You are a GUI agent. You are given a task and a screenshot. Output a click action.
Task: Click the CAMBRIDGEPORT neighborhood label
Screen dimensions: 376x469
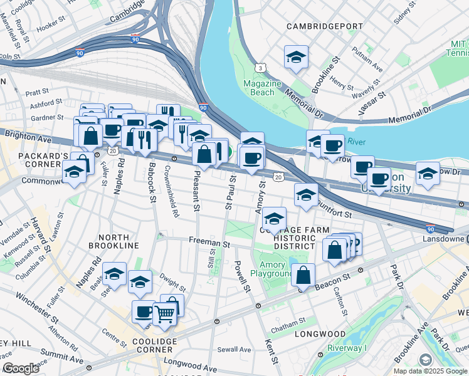point(324,27)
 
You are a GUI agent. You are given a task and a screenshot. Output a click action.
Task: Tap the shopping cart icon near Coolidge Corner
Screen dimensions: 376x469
point(164,313)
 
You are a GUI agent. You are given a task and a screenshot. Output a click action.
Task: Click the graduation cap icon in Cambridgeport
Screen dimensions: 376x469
point(296,58)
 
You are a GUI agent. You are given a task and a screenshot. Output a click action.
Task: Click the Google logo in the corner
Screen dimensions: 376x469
point(21,368)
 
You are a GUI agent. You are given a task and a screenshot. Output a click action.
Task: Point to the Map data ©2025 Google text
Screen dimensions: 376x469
point(429,371)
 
